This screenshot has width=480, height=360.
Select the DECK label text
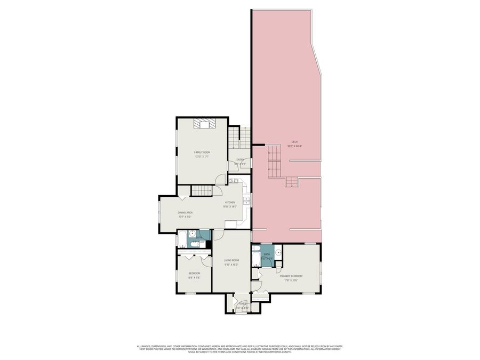click(x=294, y=141)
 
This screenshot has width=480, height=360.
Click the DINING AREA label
click(x=185, y=213)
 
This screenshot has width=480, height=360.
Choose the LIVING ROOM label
click(x=231, y=260)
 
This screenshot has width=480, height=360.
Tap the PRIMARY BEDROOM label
click(x=291, y=276)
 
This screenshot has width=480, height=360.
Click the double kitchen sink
click(x=246, y=201)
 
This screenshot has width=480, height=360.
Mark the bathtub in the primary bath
click(x=255, y=257)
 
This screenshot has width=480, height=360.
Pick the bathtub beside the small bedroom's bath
click(x=181, y=238)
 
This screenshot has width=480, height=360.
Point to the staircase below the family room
click(x=202, y=190)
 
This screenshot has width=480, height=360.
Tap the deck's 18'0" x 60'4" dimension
click(x=294, y=146)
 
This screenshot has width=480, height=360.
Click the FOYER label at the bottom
click(x=242, y=303)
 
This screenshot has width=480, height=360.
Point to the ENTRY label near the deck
click(x=240, y=159)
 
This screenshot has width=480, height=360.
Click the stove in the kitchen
click(x=235, y=181)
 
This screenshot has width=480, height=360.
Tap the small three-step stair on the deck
click(x=291, y=182)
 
